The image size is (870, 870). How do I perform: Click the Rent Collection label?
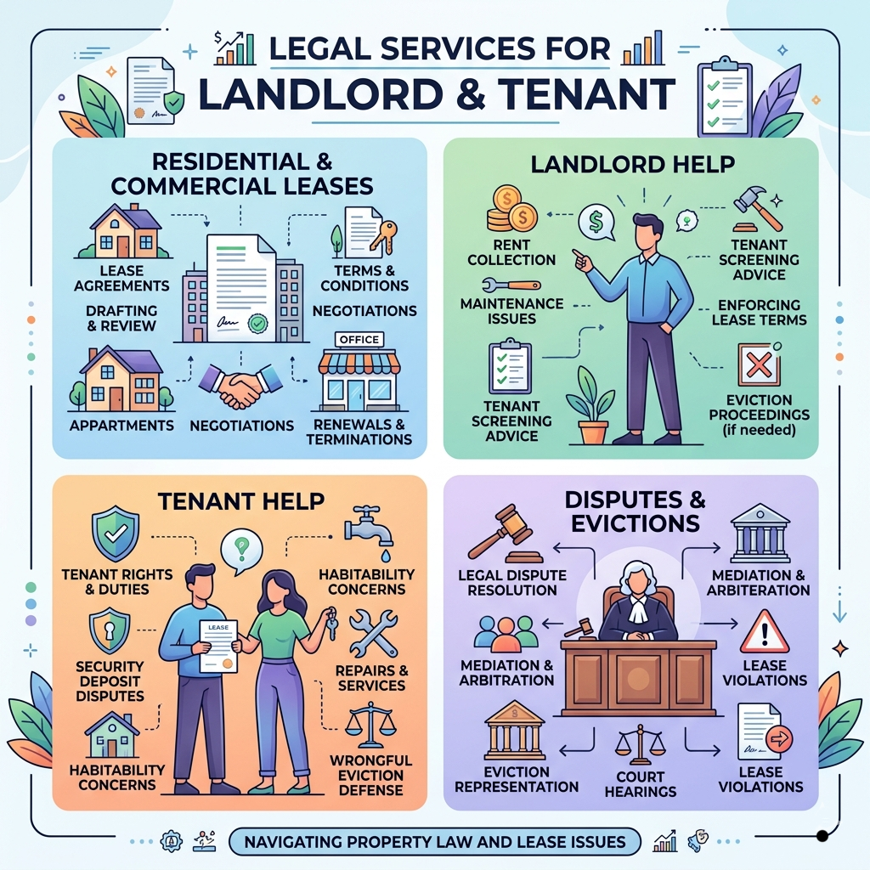point(511,251)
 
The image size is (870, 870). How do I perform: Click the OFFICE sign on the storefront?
point(359,339)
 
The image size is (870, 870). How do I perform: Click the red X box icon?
point(753,364)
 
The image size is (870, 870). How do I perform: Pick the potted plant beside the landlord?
point(593,406)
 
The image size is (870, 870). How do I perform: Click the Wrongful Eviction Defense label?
point(370,774)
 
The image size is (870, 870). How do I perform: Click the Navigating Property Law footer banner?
point(435,842)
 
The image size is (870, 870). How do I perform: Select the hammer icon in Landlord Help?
point(755,206)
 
